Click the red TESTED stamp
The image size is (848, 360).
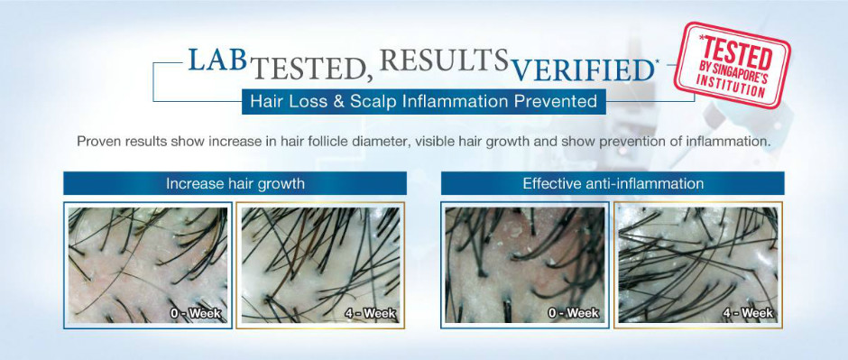[x=732, y=65]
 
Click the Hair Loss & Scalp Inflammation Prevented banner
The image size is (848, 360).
[x=423, y=101]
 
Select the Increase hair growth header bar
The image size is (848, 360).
[x=235, y=184]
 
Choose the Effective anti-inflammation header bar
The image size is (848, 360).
[x=613, y=184]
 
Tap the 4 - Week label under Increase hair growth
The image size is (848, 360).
[x=371, y=313]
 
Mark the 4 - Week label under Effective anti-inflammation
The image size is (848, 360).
[x=750, y=313]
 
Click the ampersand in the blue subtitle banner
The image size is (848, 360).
[x=338, y=101]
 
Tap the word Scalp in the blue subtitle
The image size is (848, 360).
[x=369, y=102]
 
